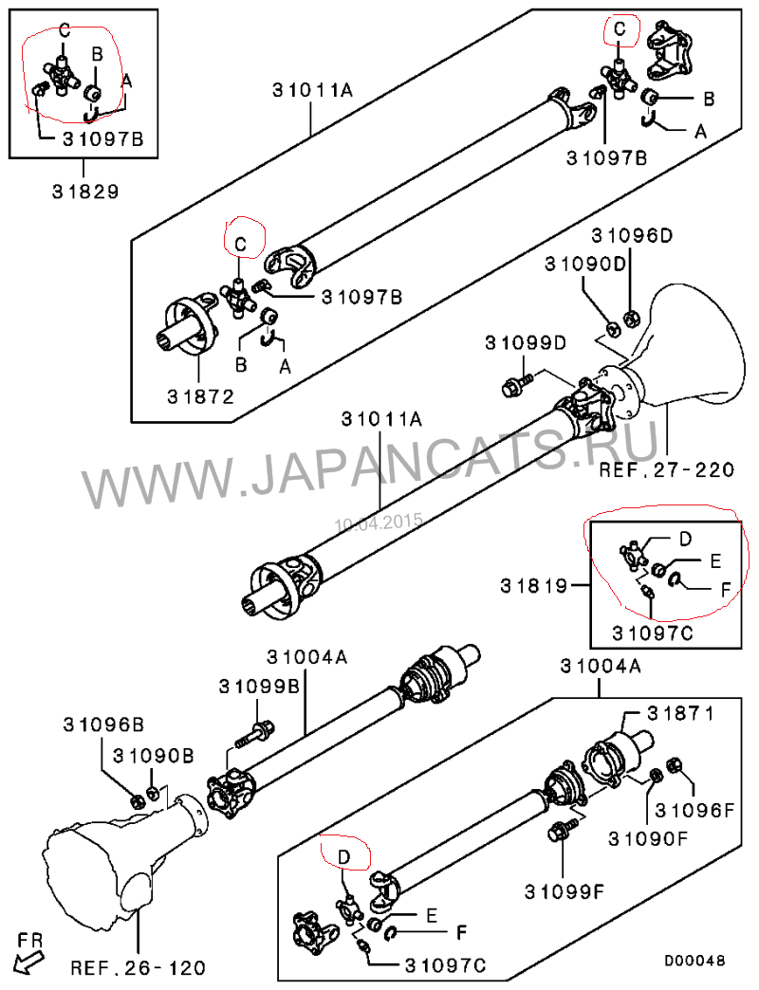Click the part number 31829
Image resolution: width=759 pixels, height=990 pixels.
click(85, 192)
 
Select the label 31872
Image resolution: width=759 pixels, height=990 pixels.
click(201, 396)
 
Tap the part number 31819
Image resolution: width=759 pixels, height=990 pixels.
click(534, 586)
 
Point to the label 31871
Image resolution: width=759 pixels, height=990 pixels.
click(680, 713)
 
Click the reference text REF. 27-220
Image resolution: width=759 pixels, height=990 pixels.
click(667, 469)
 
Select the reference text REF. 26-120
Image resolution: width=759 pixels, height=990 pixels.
click(138, 968)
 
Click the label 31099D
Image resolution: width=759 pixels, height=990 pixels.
click(526, 343)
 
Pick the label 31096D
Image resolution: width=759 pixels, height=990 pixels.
click(632, 235)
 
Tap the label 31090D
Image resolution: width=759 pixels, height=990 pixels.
click(585, 264)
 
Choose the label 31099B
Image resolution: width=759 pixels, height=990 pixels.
click(259, 687)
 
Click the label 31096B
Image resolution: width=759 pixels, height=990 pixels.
click(103, 724)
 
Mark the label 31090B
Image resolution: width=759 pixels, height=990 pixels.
click(154, 755)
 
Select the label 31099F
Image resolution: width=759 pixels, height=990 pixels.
click(565, 891)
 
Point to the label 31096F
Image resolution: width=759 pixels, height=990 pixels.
click(695, 810)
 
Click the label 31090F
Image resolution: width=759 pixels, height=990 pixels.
click(649, 839)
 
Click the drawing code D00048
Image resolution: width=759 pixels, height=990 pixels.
click(694, 961)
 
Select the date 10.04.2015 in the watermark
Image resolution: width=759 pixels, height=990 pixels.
click(379, 522)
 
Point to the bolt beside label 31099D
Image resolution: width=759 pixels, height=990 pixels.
click(517, 382)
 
